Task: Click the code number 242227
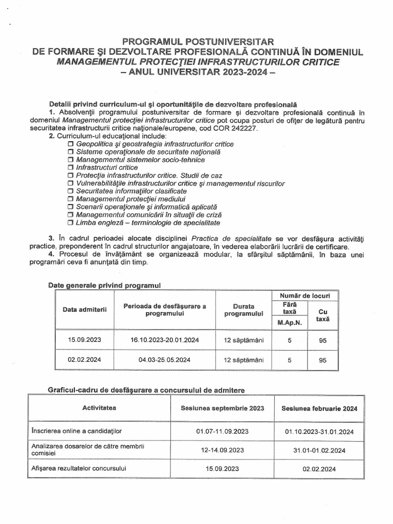click(x=245, y=128)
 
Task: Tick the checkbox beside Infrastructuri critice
click(x=71, y=167)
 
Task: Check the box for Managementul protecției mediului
click(x=71, y=199)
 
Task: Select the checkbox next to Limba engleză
click(x=71, y=223)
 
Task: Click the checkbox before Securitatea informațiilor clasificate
click(x=71, y=191)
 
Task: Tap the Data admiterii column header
click(x=81, y=310)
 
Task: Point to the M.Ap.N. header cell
click(x=290, y=322)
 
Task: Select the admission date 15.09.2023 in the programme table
click(x=81, y=340)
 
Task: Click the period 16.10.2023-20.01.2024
click(x=164, y=340)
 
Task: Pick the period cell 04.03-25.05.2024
click(x=164, y=360)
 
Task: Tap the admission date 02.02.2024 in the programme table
click(x=81, y=360)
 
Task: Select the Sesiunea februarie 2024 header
click(x=316, y=408)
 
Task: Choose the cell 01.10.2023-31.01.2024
click(x=316, y=431)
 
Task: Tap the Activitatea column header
click(x=99, y=408)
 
